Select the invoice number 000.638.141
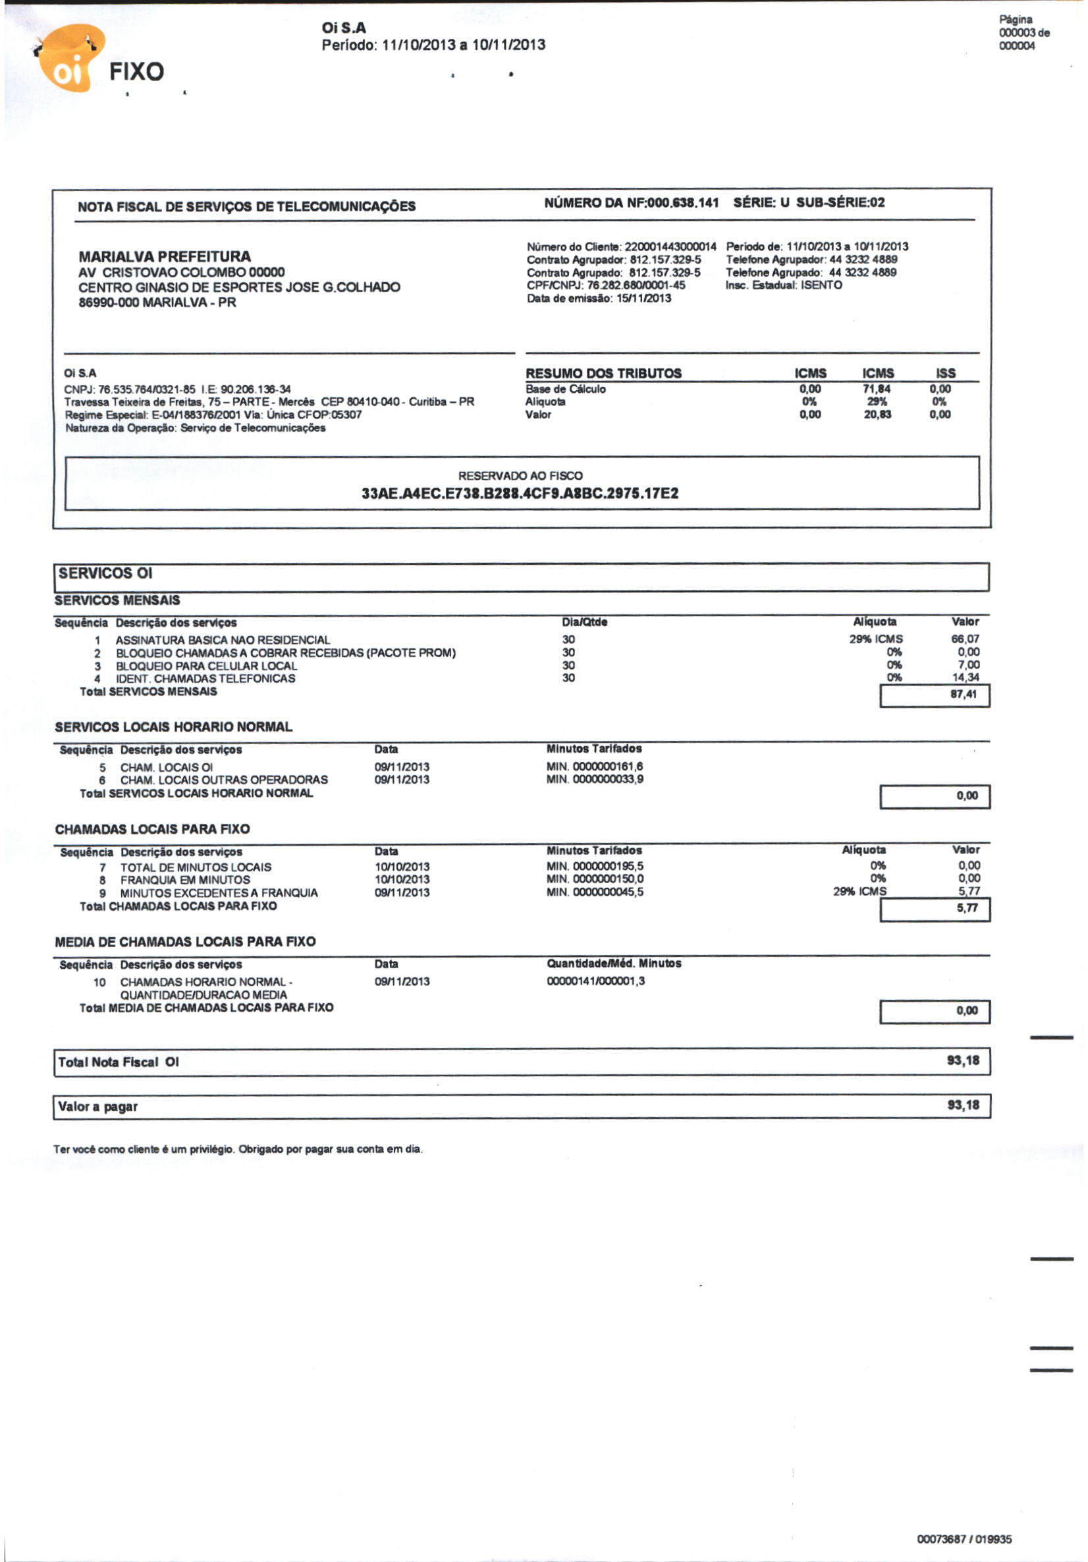pos(683,203)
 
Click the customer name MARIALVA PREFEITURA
pos(165,256)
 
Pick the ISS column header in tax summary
pos(945,373)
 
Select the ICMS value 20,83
pos(877,415)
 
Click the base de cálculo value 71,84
pos(877,388)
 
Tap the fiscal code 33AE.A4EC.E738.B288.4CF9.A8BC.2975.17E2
pos(520,493)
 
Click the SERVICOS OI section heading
pos(105,573)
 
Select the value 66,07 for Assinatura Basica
pos(965,639)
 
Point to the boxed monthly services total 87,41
pos(963,695)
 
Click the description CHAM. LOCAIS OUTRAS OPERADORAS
pos(224,780)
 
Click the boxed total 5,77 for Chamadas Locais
pos(966,908)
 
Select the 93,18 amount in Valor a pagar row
pos(963,1105)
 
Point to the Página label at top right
pos(1016,20)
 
